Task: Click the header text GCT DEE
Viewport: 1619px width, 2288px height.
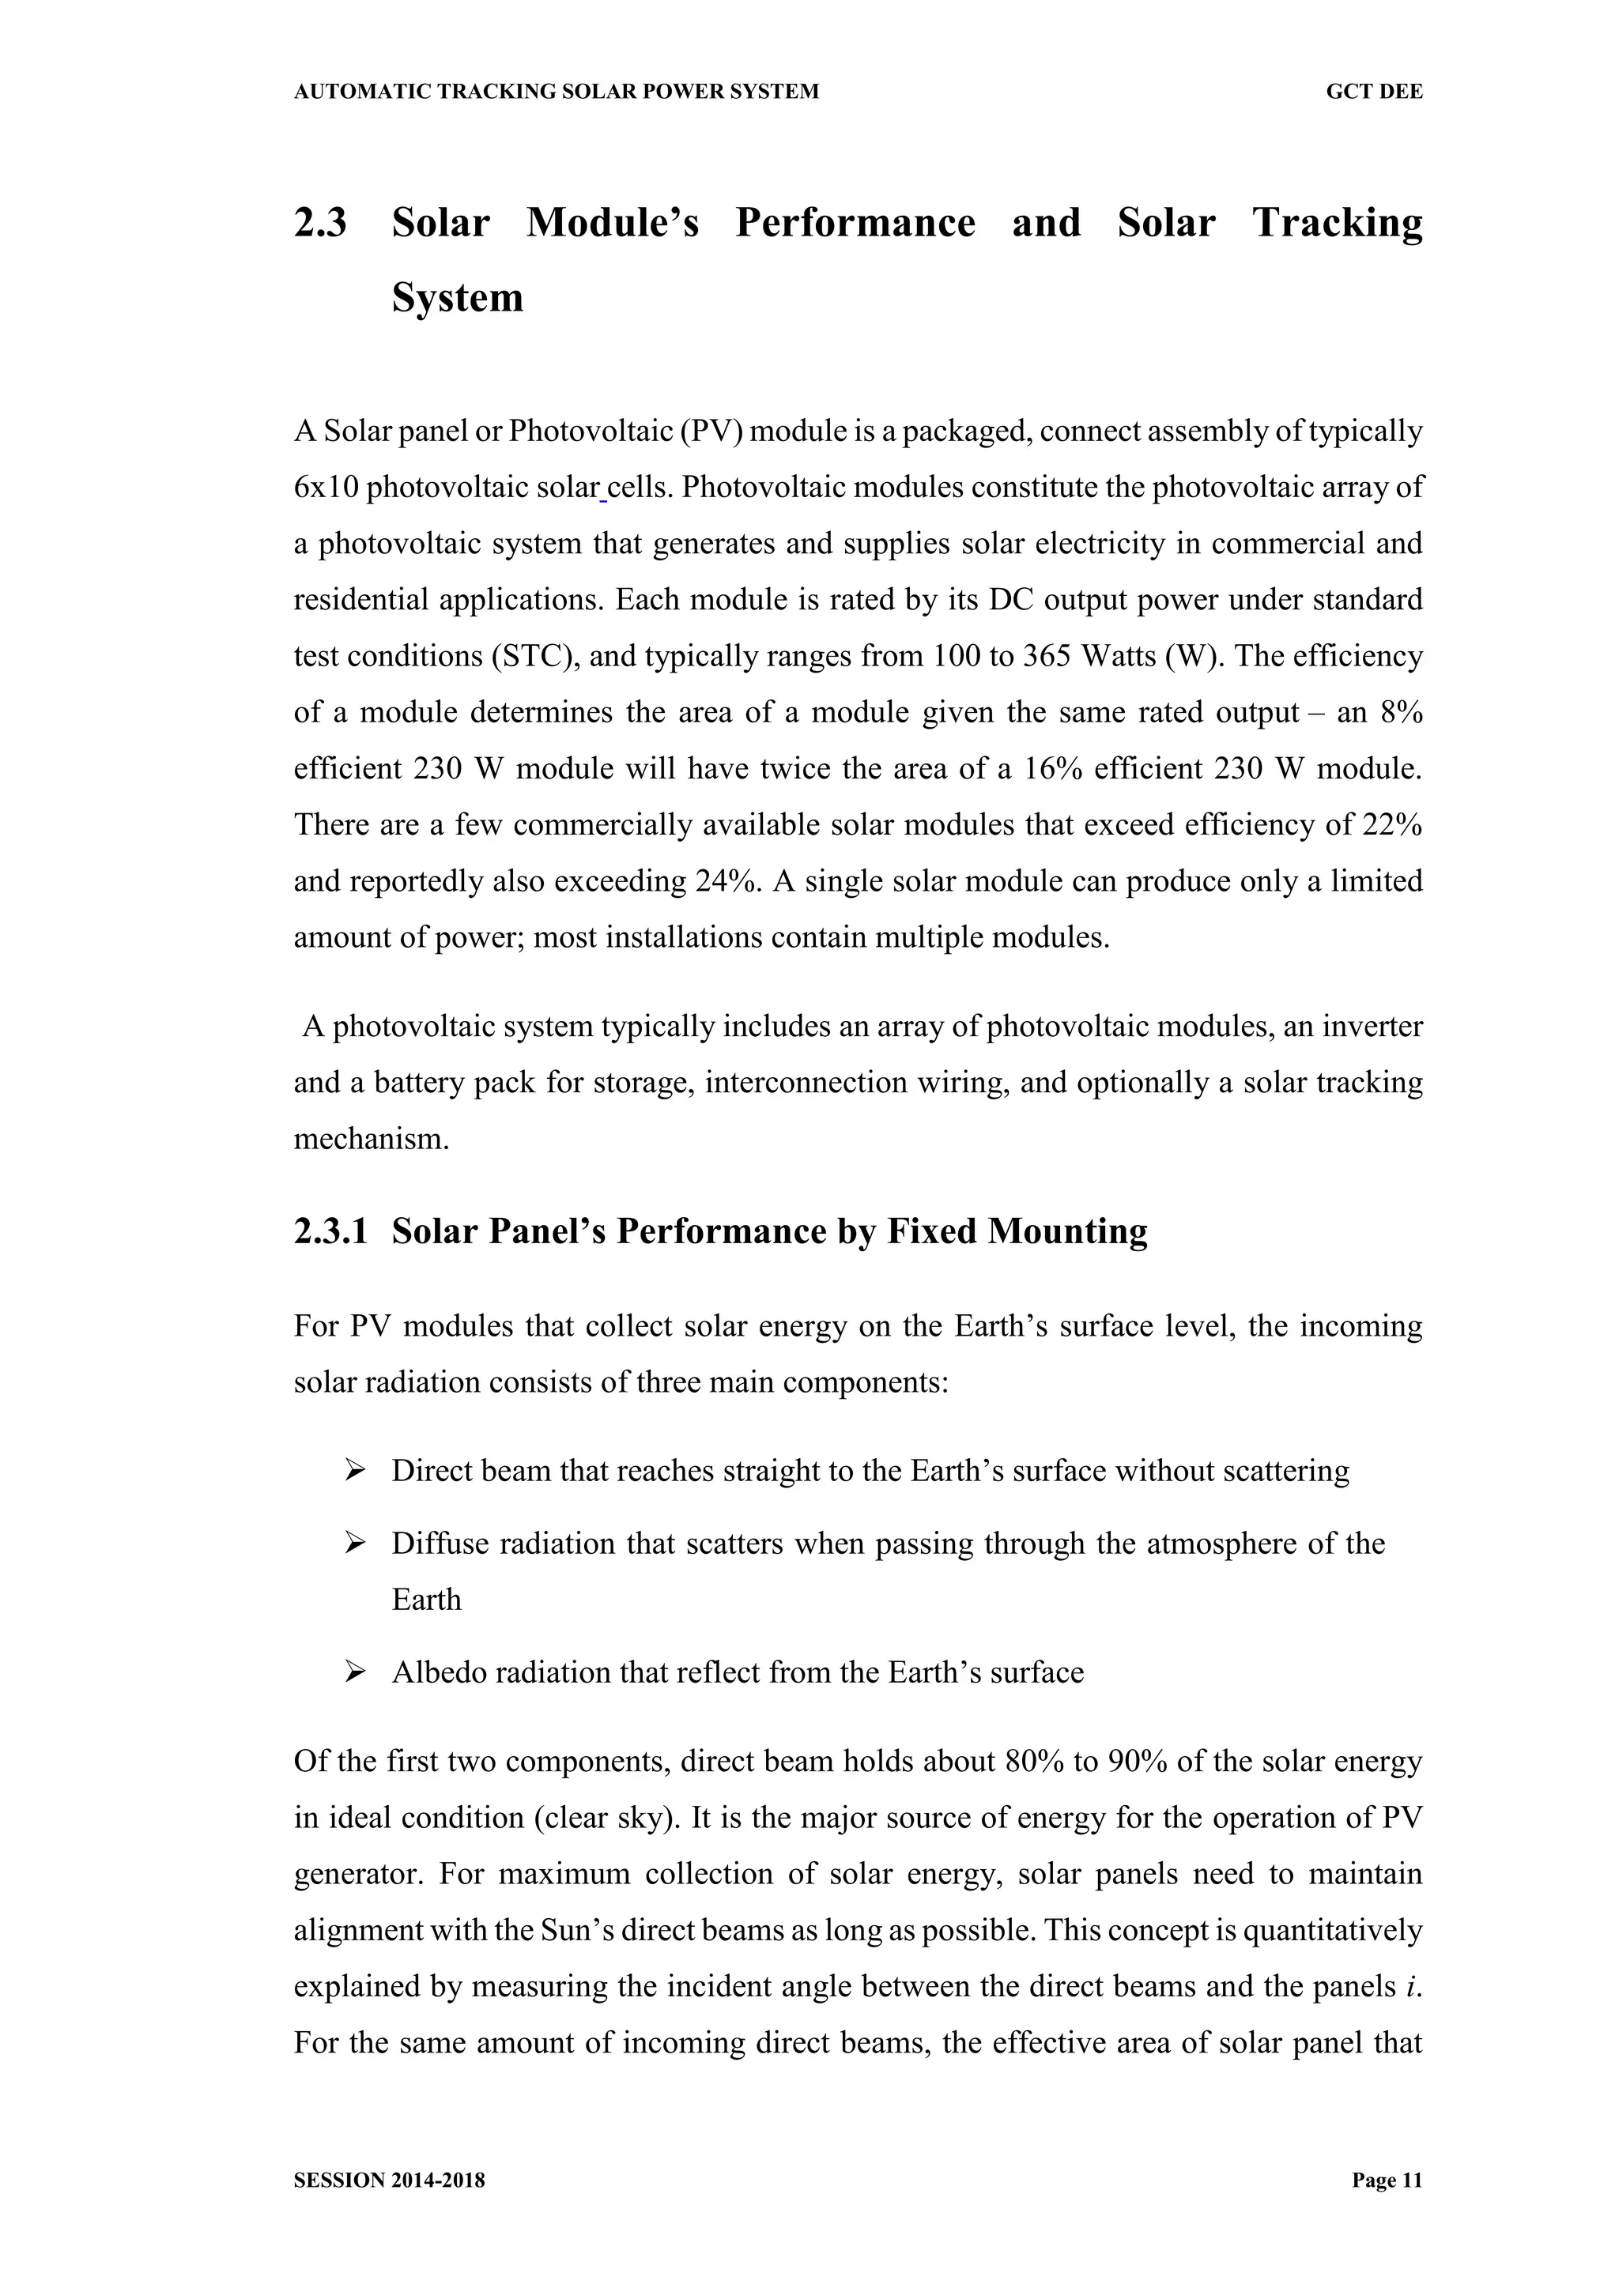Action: [1373, 92]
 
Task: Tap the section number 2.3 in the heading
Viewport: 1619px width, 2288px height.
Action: [320, 222]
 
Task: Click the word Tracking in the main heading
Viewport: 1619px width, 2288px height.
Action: [1337, 222]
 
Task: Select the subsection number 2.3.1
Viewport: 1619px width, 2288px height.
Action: [330, 1231]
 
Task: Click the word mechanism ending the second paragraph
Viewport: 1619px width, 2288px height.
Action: [371, 1139]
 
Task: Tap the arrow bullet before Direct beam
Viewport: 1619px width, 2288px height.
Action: [355, 1470]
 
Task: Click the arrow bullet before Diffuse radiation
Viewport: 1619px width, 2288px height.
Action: [355, 1544]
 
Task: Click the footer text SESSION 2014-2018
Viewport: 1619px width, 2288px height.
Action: [389, 2181]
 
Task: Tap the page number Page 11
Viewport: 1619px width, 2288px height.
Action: [1387, 2181]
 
